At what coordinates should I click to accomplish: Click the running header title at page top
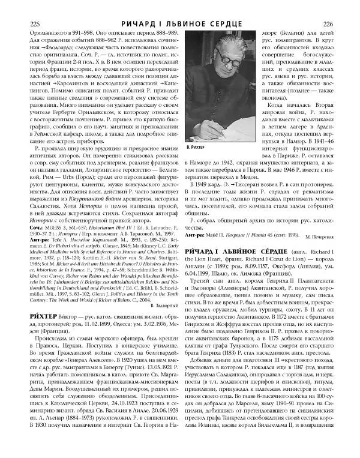179,7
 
